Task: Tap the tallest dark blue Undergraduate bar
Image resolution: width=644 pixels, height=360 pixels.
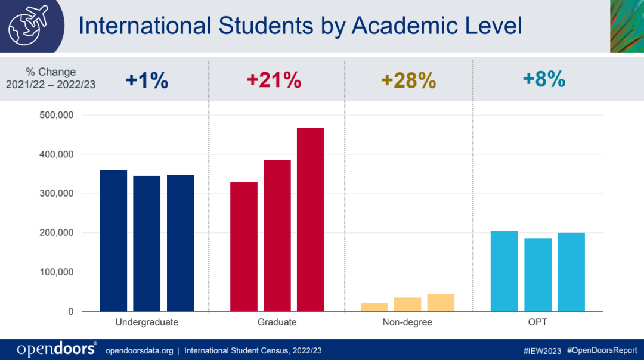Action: tap(113, 241)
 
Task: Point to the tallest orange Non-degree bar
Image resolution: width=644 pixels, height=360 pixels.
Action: tap(441, 303)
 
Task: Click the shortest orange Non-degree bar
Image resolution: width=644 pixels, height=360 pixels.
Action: tap(374, 307)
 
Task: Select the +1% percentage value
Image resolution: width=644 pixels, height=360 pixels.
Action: tap(147, 80)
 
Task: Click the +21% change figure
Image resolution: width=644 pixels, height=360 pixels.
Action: tap(274, 80)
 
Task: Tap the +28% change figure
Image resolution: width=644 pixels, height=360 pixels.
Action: tap(408, 80)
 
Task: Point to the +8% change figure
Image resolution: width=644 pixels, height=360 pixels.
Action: tap(544, 80)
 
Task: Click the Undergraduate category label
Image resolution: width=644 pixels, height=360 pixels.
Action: tap(147, 323)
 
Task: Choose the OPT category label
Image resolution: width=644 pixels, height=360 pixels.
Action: tap(537, 323)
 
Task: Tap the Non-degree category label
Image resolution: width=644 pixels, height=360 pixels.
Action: tap(407, 323)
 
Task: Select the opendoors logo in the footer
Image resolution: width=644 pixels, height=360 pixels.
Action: tap(57, 349)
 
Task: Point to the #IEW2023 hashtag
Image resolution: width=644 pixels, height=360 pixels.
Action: tap(541, 350)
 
